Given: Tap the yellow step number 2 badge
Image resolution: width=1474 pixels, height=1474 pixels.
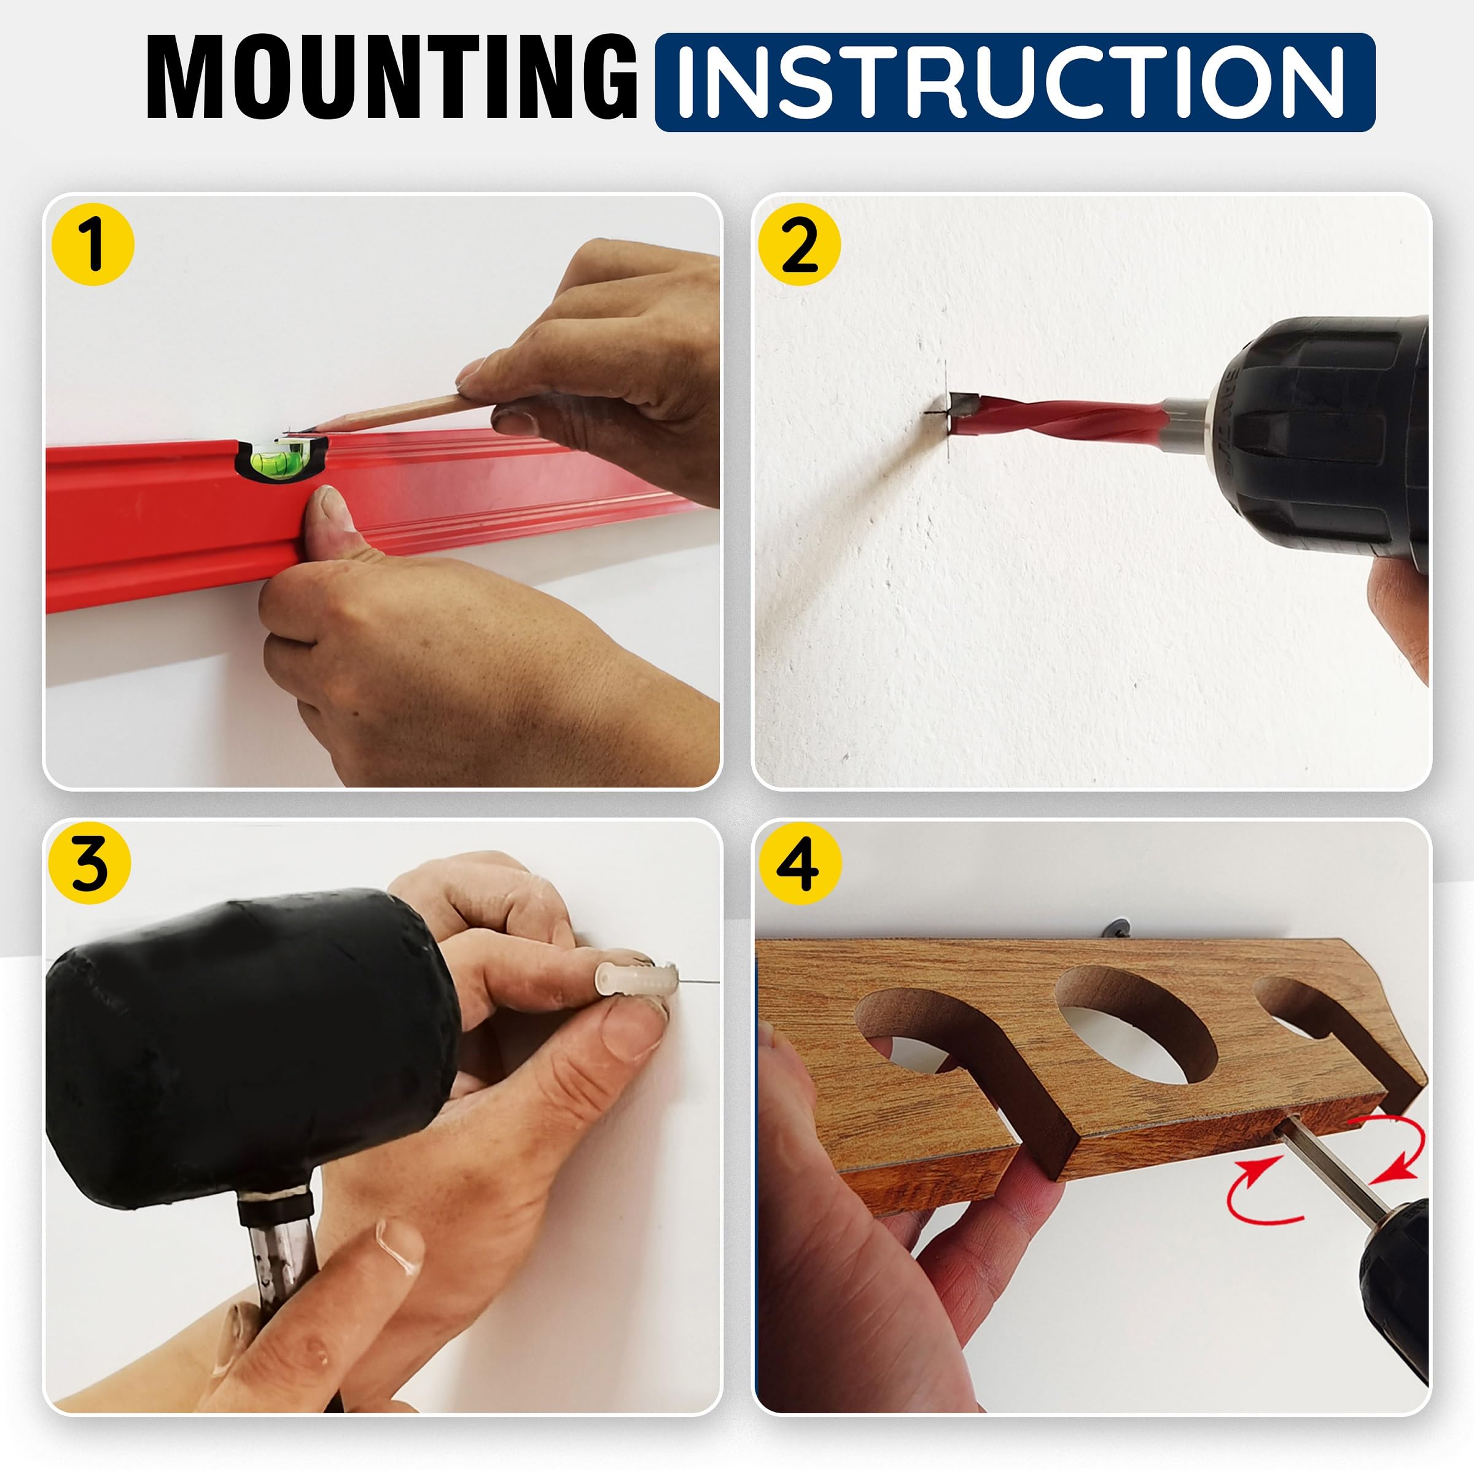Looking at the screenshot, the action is pyautogui.click(x=800, y=245).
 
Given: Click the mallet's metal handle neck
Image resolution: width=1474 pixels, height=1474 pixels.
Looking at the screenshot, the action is pyautogui.click(x=278, y=1251).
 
